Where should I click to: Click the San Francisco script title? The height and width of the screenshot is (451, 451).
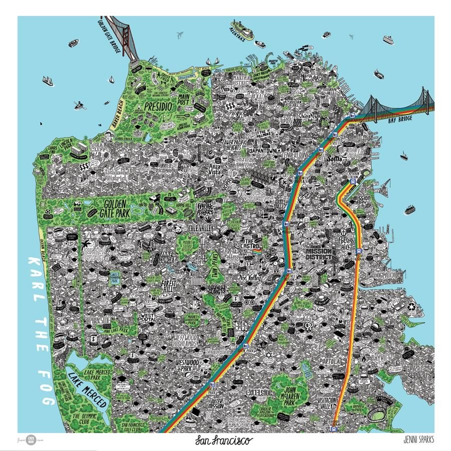click(224, 440)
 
